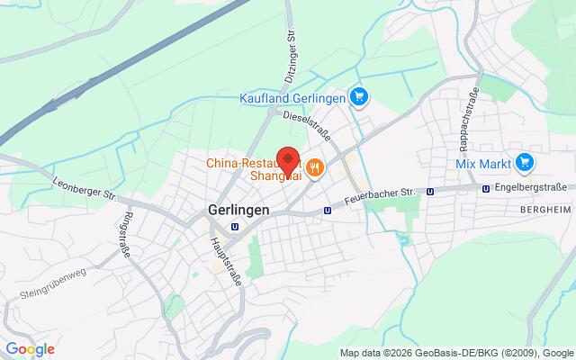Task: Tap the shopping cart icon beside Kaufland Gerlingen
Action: point(359,97)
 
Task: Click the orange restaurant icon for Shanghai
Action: point(315,168)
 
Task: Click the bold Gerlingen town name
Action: point(226,207)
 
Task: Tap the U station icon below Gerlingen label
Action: point(235,226)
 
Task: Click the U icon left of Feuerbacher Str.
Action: point(328,210)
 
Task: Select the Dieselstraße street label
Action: point(307,127)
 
